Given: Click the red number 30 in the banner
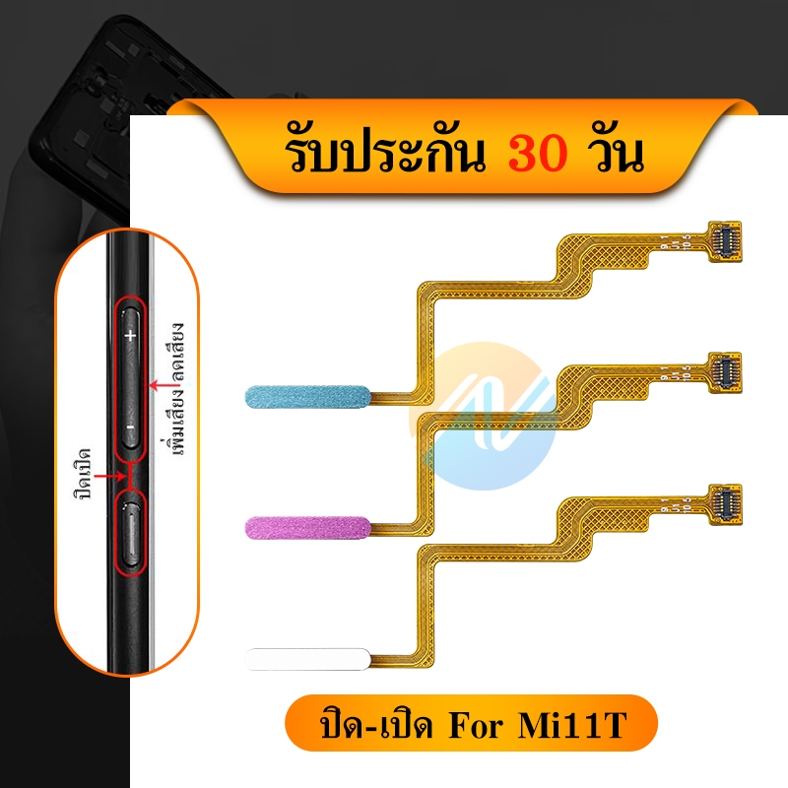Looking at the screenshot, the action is (x=538, y=154).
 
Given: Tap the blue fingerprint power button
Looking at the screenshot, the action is (x=307, y=397).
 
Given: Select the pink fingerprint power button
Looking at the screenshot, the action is (x=307, y=528).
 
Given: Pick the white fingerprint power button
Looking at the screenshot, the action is (x=307, y=659).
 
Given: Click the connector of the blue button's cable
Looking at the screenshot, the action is (x=725, y=241).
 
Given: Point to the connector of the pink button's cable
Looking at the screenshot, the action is (x=725, y=373).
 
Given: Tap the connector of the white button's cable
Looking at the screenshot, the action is (x=725, y=505).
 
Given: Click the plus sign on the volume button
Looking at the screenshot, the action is (x=131, y=335).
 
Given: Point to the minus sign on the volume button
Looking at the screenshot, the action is (x=131, y=427).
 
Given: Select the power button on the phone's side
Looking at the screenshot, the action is (x=131, y=533).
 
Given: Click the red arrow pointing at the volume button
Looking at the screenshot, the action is (x=161, y=385).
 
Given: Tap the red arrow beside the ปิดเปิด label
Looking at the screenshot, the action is (x=110, y=476).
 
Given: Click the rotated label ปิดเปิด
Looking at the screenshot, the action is (x=83, y=474).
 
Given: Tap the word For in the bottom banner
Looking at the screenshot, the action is (x=475, y=725).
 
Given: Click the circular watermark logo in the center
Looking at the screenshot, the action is (x=484, y=416).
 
